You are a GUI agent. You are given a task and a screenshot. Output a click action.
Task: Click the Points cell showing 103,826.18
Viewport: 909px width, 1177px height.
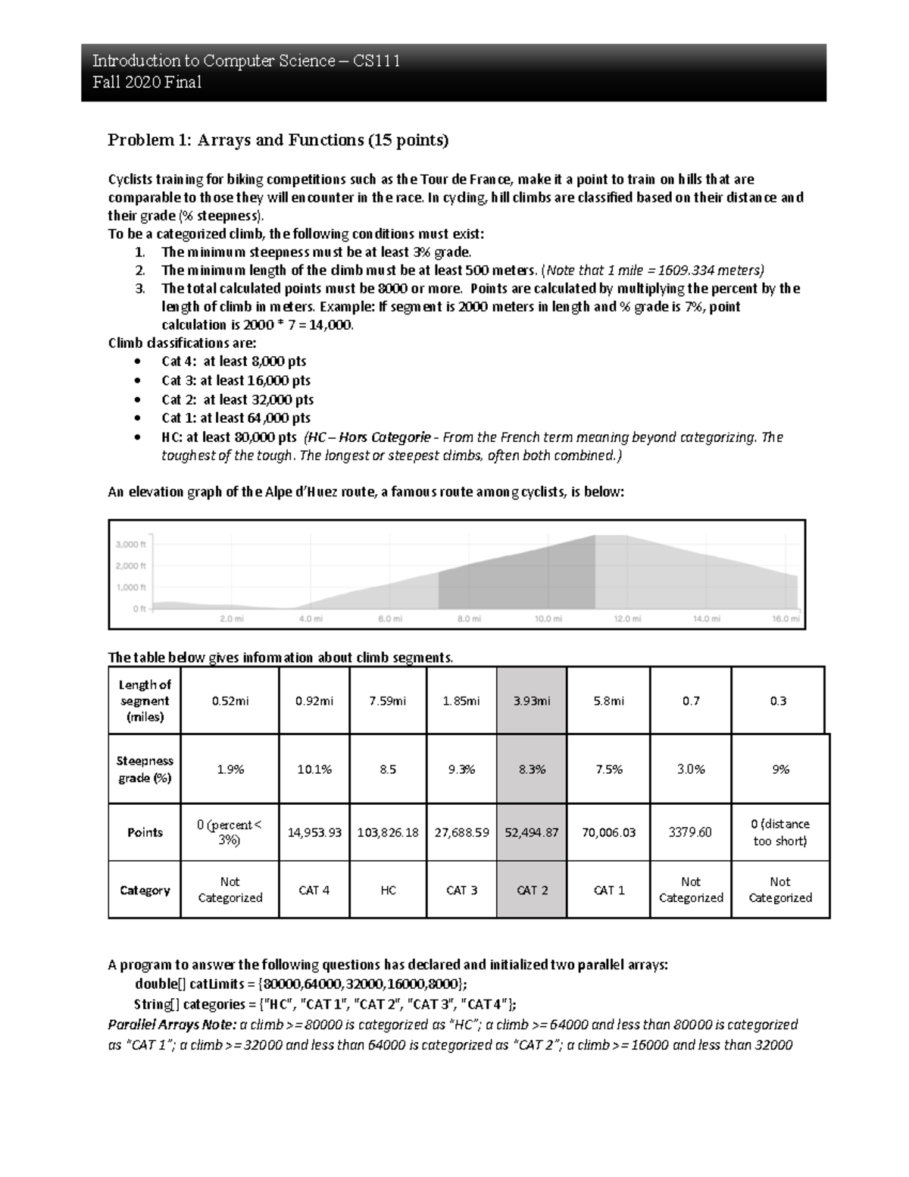pyautogui.click(x=387, y=832)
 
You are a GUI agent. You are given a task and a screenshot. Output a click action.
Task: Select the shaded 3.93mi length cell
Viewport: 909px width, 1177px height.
pyautogui.click(x=531, y=701)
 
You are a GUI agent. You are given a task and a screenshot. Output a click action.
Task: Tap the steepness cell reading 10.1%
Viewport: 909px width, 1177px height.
pyautogui.click(x=313, y=768)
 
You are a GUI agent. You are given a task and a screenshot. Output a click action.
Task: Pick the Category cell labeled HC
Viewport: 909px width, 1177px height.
pyautogui.click(x=387, y=890)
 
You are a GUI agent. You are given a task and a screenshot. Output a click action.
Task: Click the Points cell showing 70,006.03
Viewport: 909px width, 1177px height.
pyautogui.click(x=609, y=832)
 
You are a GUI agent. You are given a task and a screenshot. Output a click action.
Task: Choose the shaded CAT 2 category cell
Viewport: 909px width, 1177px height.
pyautogui.click(x=531, y=890)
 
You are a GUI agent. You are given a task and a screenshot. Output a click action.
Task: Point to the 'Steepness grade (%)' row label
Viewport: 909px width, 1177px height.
pyautogui.click(x=145, y=768)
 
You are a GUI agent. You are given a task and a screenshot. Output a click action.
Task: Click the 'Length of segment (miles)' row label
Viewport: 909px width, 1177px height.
pyautogui.click(x=145, y=701)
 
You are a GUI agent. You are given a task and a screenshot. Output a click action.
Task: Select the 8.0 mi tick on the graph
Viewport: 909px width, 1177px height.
pyautogui.click(x=468, y=618)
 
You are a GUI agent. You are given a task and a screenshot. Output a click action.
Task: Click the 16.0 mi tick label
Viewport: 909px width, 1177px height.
pyautogui.click(x=786, y=618)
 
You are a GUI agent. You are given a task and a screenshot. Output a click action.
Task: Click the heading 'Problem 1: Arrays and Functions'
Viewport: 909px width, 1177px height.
pyautogui.click(x=278, y=140)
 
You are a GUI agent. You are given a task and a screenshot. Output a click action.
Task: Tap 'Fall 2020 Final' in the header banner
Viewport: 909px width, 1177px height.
pyautogui.click(x=147, y=83)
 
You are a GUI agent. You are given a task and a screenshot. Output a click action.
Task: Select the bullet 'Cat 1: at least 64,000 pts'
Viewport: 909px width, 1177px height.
pyautogui.click(x=236, y=418)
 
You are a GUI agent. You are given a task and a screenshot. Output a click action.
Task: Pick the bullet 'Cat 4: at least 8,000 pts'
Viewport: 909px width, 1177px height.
pyautogui.click(x=233, y=362)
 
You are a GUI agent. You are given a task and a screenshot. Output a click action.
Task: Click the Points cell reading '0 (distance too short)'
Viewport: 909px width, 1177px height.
pyautogui.click(x=779, y=832)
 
